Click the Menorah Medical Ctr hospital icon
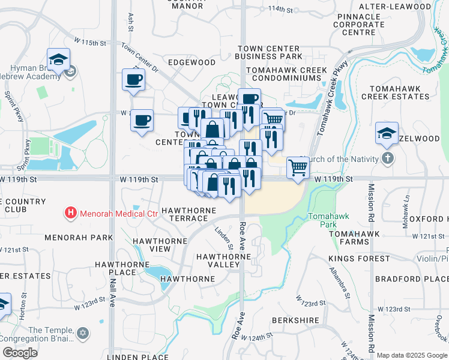pyautogui.click(x=71, y=213)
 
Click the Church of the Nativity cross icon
pyautogui.click(x=388, y=159)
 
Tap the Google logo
pyautogui.click(x=20, y=352)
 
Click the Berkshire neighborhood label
pyautogui.click(x=296, y=320)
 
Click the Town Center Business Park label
pyautogui.click(x=269, y=52)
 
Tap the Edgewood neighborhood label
pyautogui.click(x=191, y=62)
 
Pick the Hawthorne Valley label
pyautogui.click(x=224, y=260)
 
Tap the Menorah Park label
pyautogui.click(x=79, y=238)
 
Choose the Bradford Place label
pyautogui.click(x=411, y=279)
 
